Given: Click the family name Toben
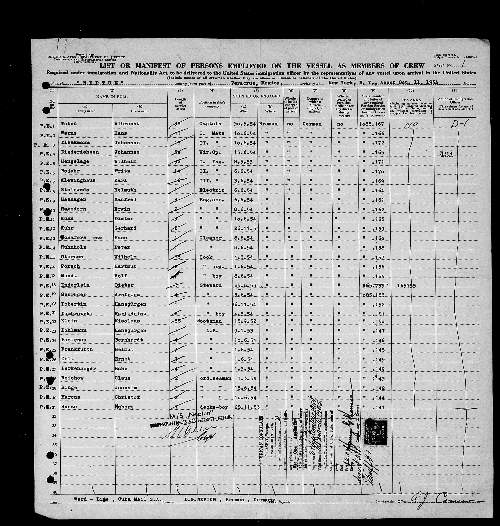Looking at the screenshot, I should (x=69, y=124).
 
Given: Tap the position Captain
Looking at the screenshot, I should (x=210, y=124).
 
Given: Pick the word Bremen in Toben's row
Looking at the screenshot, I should (x=268, y=124).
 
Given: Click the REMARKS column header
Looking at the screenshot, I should (x=411, y=100).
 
